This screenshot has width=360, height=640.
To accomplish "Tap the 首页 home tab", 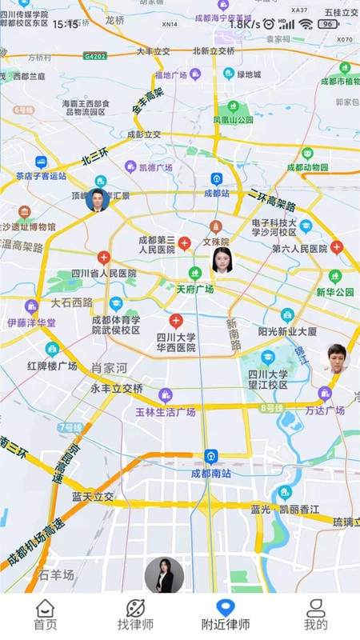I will pyautogui.click(x=45, y=615).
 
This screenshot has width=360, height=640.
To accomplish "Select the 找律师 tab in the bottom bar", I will pyautogui.click(x=135, y=615).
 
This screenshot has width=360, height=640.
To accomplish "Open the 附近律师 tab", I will pyautogui.click(x=225, y=615).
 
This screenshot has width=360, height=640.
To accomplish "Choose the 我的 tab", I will pyautogui.click(x=315, y=615).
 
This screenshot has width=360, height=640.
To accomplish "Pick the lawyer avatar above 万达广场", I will pyautogui.click(x=334, y=358).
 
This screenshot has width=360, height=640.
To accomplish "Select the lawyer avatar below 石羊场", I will pyautogui.click(x=164, y=575).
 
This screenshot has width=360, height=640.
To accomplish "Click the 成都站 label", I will pyautogui.click(x=216, y=193).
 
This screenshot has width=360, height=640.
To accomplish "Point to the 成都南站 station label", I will pyautogui.click(x=210, y=473).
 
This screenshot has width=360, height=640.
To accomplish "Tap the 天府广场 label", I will pyautogui.click(x=194, y=289).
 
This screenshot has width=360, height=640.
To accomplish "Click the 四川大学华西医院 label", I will pyautogui.click(x=176, y=342).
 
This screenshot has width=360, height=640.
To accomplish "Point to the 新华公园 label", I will pyautogui.click(x=334, y=292).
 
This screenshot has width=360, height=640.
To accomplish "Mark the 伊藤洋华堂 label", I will pyautogui.click(x=32, y=322).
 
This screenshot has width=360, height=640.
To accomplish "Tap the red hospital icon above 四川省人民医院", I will pyautogui.click(x=103, y=258).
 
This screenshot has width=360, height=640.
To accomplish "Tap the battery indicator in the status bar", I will pyautogui.click(x=328, y=24).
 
